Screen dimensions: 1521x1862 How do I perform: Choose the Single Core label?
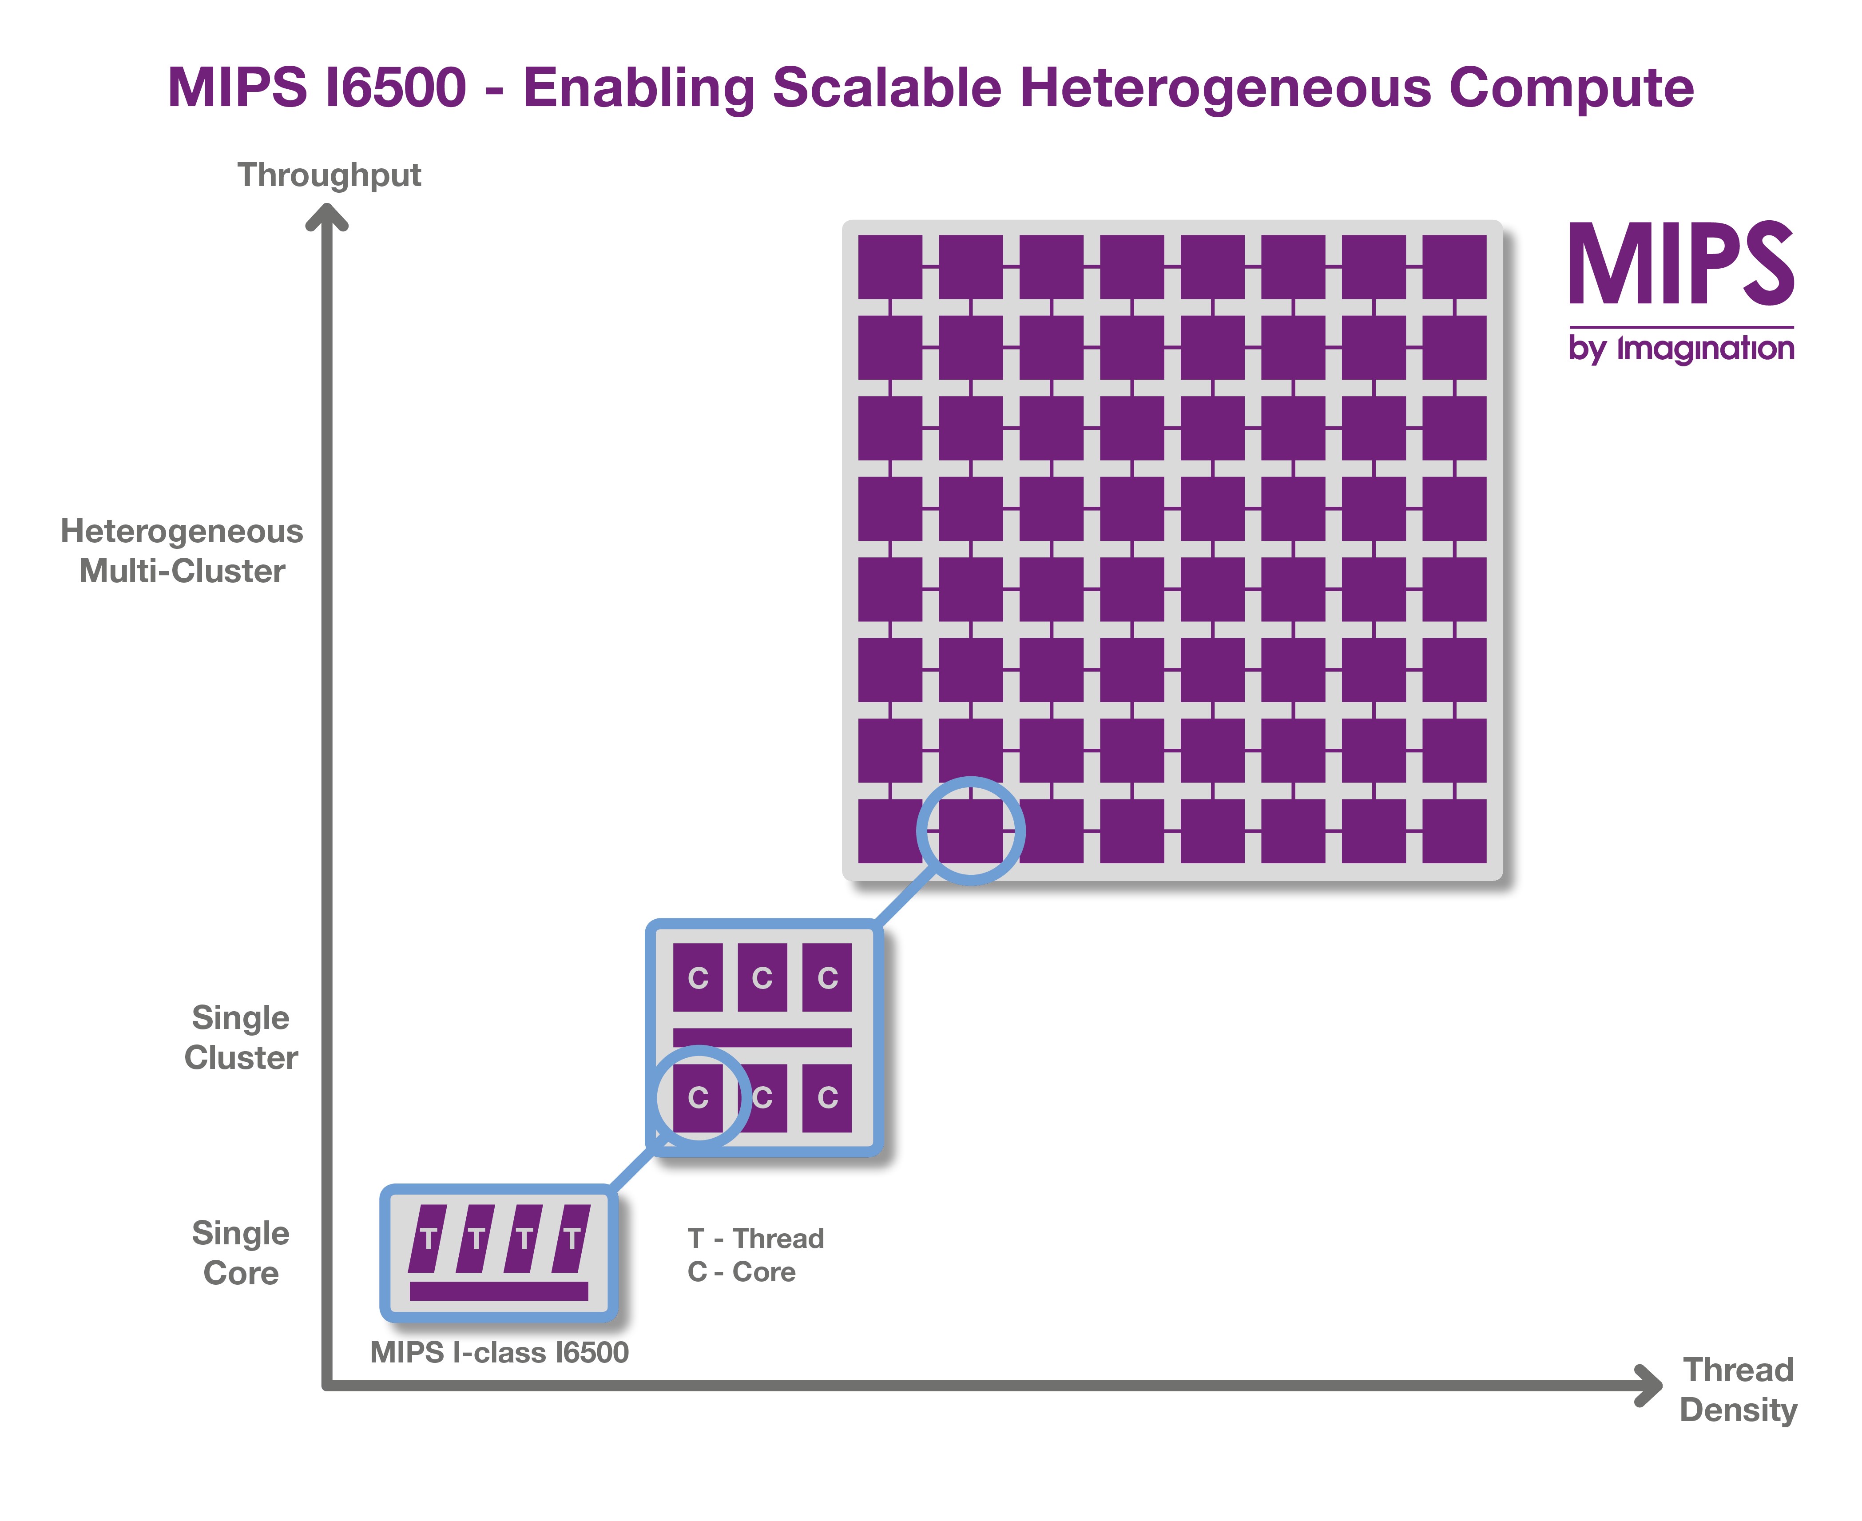click(x=241, y=1253)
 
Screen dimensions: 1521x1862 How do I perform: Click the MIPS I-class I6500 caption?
click(x=500, y=1352)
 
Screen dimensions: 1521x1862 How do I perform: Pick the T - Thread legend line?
click(x=755, y=1238)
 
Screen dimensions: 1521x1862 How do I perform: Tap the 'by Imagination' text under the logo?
click(x=1681, y=348)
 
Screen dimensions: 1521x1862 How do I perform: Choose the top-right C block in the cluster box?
click(x=827, y=977)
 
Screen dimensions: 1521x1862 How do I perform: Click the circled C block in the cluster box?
click(x=699, y=1097)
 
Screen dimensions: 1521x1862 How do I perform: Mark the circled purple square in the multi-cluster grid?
click(x=971, y=830)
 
